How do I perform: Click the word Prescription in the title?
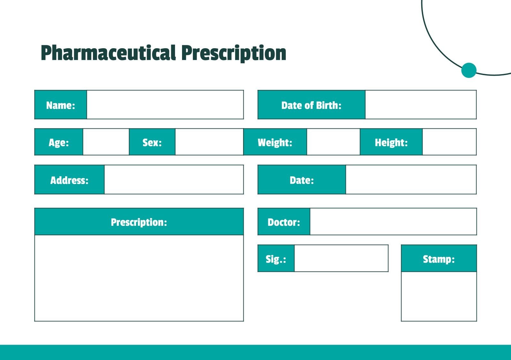click(234, 53)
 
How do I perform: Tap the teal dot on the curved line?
click(469, 70)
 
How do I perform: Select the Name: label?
click(61, 105)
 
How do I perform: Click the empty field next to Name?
click(165, 105)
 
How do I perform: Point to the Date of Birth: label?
click(311, 105)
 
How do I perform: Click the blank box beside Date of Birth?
click(420, 105)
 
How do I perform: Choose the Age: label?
click(59, 142)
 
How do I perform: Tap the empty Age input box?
click(106, 142)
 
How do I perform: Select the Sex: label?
click(152, 142)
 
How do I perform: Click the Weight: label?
click(275, 142)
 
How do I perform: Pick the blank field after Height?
click(449, 142)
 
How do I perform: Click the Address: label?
click(69, 180)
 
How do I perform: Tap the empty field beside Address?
click(174, 180)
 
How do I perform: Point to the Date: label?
click(301, 180)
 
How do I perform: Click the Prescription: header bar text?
click(139, 222)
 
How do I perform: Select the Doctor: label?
click(284, 222)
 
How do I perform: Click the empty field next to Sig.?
click(341, 258)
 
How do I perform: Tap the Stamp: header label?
click(439, 259)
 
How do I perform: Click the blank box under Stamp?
click(439, 296)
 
